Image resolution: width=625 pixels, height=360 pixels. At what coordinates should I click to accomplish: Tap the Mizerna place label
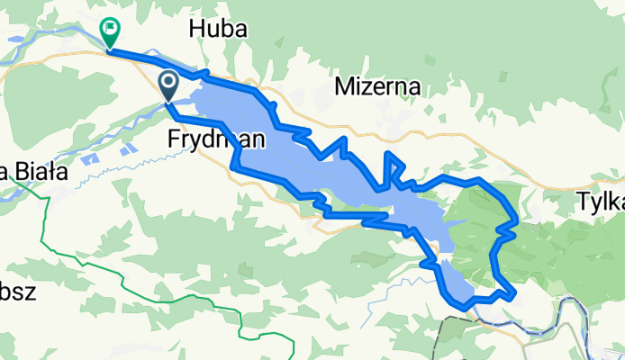click(379, 86)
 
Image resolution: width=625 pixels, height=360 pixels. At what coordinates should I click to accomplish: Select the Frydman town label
click(216, 139)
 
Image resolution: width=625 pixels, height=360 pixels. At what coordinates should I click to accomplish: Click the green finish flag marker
click(110, 32)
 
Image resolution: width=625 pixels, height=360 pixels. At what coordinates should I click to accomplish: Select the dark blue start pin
click(168, 87)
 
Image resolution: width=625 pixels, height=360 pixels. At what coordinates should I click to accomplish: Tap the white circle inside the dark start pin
click(168, 84)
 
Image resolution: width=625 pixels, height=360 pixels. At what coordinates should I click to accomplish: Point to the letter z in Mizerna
click(365, 86)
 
